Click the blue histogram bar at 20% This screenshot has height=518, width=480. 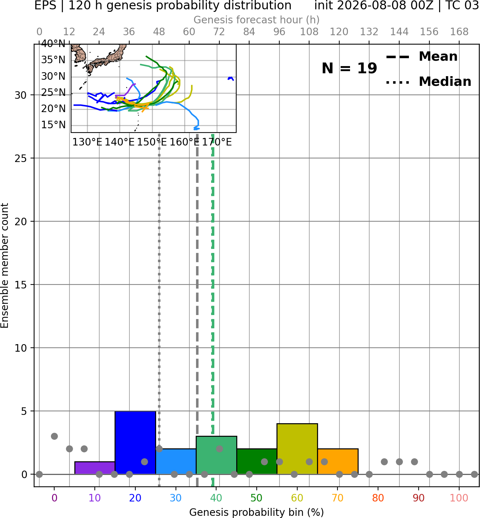point(135,443)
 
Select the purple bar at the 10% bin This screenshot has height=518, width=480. point(95,468)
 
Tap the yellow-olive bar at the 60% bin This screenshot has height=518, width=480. point(297,449)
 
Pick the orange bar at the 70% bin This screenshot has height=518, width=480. point(338,461)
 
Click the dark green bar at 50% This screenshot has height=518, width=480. point(257,461)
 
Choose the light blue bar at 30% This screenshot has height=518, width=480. point(176,461)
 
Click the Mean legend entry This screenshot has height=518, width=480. point(421,57)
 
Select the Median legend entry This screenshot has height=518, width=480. point(428,82)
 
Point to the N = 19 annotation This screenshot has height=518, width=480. point(349,68)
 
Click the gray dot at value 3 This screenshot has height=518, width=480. point(54,436)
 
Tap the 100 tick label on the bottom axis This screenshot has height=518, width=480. point(459,498)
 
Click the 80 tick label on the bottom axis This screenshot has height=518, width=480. point(378,498)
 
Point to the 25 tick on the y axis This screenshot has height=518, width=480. point(20,158)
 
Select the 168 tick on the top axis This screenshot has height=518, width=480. point(459,32)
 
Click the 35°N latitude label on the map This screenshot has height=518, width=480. point(53,60)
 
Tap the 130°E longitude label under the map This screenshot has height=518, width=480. point(87,142)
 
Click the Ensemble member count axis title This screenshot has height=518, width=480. point(4,265)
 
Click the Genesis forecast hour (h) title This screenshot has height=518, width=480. point(257,20)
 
